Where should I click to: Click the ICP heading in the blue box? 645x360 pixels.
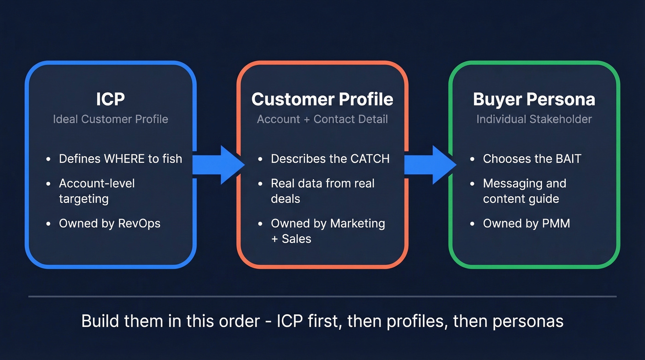pos(111,99)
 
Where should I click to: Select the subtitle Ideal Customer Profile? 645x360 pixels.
pos(111,119)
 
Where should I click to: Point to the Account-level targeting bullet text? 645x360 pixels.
pos(97,191)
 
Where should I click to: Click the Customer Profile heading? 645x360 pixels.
pos(322,99)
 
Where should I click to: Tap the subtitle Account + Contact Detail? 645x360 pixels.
pos(322,119)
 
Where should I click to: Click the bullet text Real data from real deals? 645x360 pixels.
pos(322,191)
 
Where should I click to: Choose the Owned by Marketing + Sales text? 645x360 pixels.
pos(328,231)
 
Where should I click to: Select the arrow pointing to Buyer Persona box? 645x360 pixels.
pos(429,165)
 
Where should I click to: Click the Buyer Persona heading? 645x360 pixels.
pos(534,99)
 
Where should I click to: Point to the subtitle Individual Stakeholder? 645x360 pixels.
pos(534,119)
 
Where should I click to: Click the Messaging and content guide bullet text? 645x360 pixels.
pos(524,191)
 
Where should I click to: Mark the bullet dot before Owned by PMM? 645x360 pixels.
pos(472,224)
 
